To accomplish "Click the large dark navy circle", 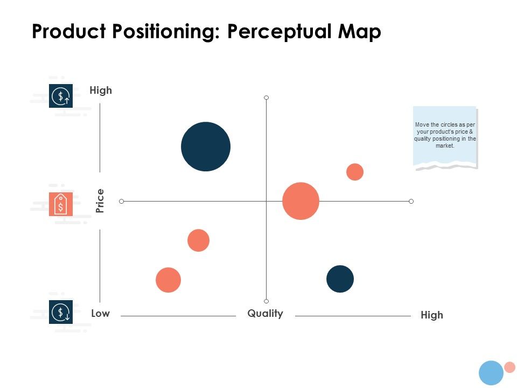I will pos(206,147).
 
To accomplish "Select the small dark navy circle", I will pos(340,279).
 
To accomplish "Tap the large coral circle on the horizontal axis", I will pos(301,201).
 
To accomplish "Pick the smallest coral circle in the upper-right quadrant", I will pos(354,172).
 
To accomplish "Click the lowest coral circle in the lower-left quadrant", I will pos(168,280).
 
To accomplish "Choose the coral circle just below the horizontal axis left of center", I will pos(198,240).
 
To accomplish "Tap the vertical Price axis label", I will pos(100,201).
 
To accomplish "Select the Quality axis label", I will pos(265,313).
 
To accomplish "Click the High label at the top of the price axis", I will pos(101,90).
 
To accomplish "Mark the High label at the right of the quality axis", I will pos(431,315).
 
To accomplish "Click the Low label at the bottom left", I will pos(100,313).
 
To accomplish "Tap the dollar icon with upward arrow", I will pos(61,96).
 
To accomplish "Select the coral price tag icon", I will pos(61,204).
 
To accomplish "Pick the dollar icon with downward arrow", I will pos(61,312).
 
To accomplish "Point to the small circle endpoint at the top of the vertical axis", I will pos(266,98).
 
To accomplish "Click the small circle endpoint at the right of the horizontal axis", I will pos(411,201).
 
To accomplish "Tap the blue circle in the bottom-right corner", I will pos(491,373).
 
